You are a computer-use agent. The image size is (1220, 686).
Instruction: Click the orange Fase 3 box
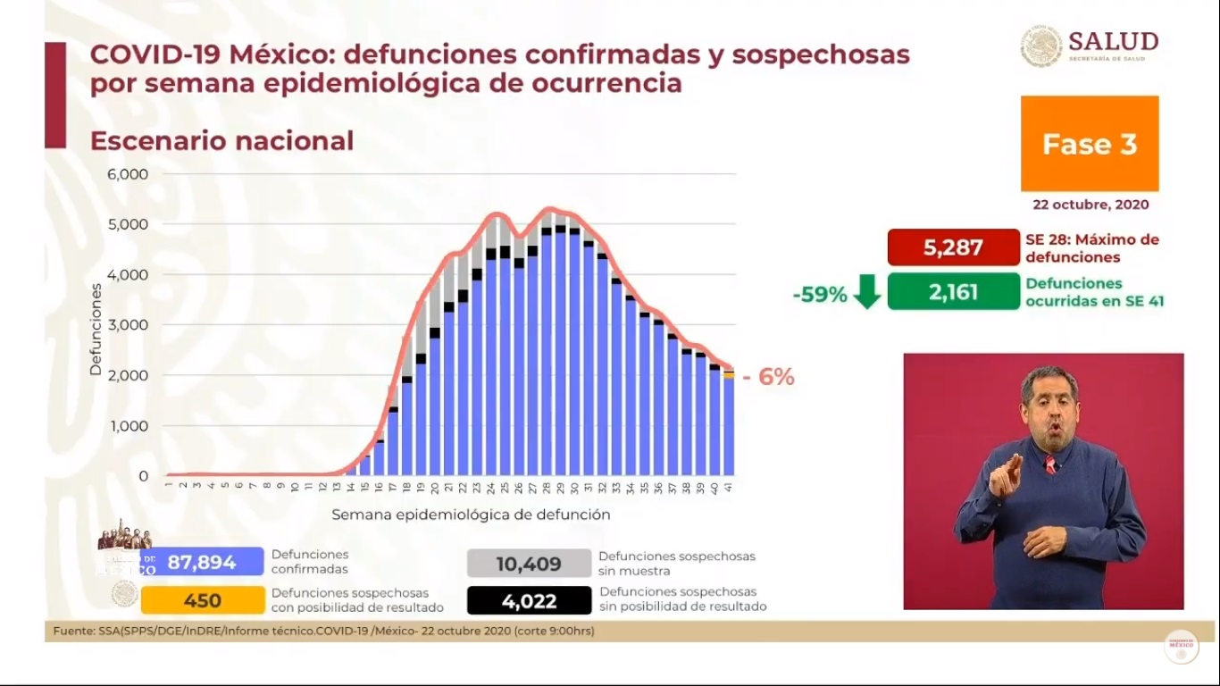click(1090, 144)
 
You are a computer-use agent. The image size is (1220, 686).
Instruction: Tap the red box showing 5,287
click(953, 247)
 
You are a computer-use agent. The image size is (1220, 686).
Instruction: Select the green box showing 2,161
click(953, 291)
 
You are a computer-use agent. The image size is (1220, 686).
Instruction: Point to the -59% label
click(819, 294)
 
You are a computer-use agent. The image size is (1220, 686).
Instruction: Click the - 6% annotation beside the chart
click(768, 377)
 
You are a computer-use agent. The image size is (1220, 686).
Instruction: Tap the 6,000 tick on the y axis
click(129, 173)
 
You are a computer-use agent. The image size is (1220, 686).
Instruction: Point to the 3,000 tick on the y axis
click(129, 324)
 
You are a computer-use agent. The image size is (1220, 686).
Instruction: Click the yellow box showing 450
click(203, 600)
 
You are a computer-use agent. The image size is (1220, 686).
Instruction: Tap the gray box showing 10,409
click(529, 564)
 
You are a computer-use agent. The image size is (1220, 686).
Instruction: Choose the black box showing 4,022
click(529, 601)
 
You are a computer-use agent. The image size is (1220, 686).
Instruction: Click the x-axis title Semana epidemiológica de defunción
click(471, 514)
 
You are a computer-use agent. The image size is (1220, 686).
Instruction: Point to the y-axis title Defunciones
click(96, 329)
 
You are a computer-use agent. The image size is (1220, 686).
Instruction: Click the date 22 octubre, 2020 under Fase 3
click(1090, 205)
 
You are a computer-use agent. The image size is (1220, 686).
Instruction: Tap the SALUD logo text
click(1113, 42)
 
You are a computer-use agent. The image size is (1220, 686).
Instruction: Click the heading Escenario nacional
click(221, 141)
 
